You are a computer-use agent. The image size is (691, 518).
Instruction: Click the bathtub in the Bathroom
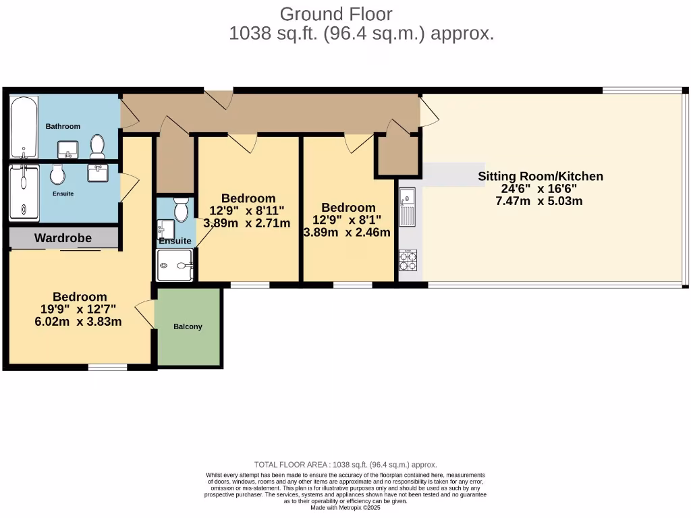tap(24, 127)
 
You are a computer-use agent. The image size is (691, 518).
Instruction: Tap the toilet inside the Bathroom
tap(97, 146)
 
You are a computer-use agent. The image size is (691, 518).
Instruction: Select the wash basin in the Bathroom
tap(68, 148)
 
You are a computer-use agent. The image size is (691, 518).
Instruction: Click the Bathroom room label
tap(63, 126)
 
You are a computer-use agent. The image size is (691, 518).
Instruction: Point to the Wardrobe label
tap(63, 238)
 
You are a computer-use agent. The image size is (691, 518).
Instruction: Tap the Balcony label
tap(188, 326)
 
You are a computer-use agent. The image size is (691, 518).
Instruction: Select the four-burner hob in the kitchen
tap(408, 260)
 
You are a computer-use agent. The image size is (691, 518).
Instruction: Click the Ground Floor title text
tap(335, 13)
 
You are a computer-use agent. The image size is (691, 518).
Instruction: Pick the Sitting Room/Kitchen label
tap(541, 177)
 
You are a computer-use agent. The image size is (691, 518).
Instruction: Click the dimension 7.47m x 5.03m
tap(541, 201)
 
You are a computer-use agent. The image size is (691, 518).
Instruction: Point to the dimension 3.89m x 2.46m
tap(347, 233)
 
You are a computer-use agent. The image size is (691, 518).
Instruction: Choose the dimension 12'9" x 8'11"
tap(248, 210)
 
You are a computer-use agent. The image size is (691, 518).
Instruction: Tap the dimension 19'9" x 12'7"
tap(78, 310)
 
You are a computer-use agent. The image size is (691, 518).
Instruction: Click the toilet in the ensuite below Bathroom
tap(57, 174)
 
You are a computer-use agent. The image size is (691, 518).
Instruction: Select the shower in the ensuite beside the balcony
tap(175, 266)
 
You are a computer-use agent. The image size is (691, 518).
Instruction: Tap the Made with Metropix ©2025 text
tap(345, 507)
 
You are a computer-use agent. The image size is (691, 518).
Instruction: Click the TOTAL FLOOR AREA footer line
tap(345, 465)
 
